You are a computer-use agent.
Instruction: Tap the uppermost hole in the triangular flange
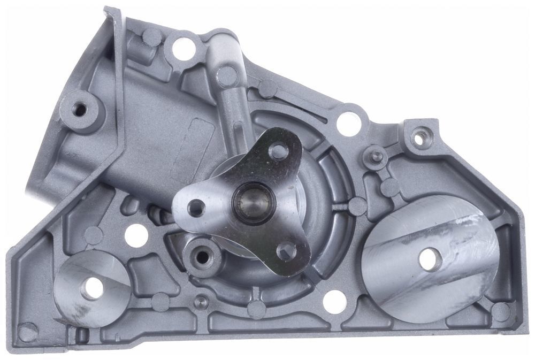point(278,151)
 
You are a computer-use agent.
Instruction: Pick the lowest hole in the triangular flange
point(287,250)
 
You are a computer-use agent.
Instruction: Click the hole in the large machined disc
point(430,259)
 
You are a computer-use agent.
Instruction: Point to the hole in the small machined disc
point(92,288)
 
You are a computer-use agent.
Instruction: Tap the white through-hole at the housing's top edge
point(184,49)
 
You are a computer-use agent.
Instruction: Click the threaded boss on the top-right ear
point(420,137)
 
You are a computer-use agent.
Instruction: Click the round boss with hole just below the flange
point(202,257)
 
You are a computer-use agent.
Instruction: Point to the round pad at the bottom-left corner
point(27,332)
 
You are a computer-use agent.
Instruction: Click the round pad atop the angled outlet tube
point(227,75)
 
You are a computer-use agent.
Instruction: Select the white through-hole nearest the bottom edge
point(335,302)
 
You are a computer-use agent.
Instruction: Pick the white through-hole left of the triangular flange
point(136,235)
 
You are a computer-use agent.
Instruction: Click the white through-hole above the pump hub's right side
point(348,123)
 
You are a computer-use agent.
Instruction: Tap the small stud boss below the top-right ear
point(376,156)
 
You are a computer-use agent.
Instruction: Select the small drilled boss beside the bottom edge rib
point(202,302)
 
